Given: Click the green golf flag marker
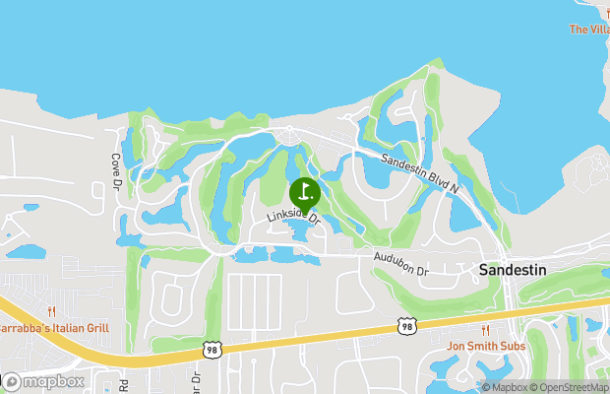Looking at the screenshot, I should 304,191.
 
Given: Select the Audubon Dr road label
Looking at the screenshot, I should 401,263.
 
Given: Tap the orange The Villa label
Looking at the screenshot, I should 589,30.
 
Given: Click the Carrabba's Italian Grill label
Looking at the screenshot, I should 53,327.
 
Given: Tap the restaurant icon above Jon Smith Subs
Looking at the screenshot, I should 486,330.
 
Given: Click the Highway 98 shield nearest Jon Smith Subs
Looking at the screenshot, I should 406,324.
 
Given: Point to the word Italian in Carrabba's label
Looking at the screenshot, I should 68,327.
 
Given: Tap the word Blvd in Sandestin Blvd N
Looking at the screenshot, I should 424,170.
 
